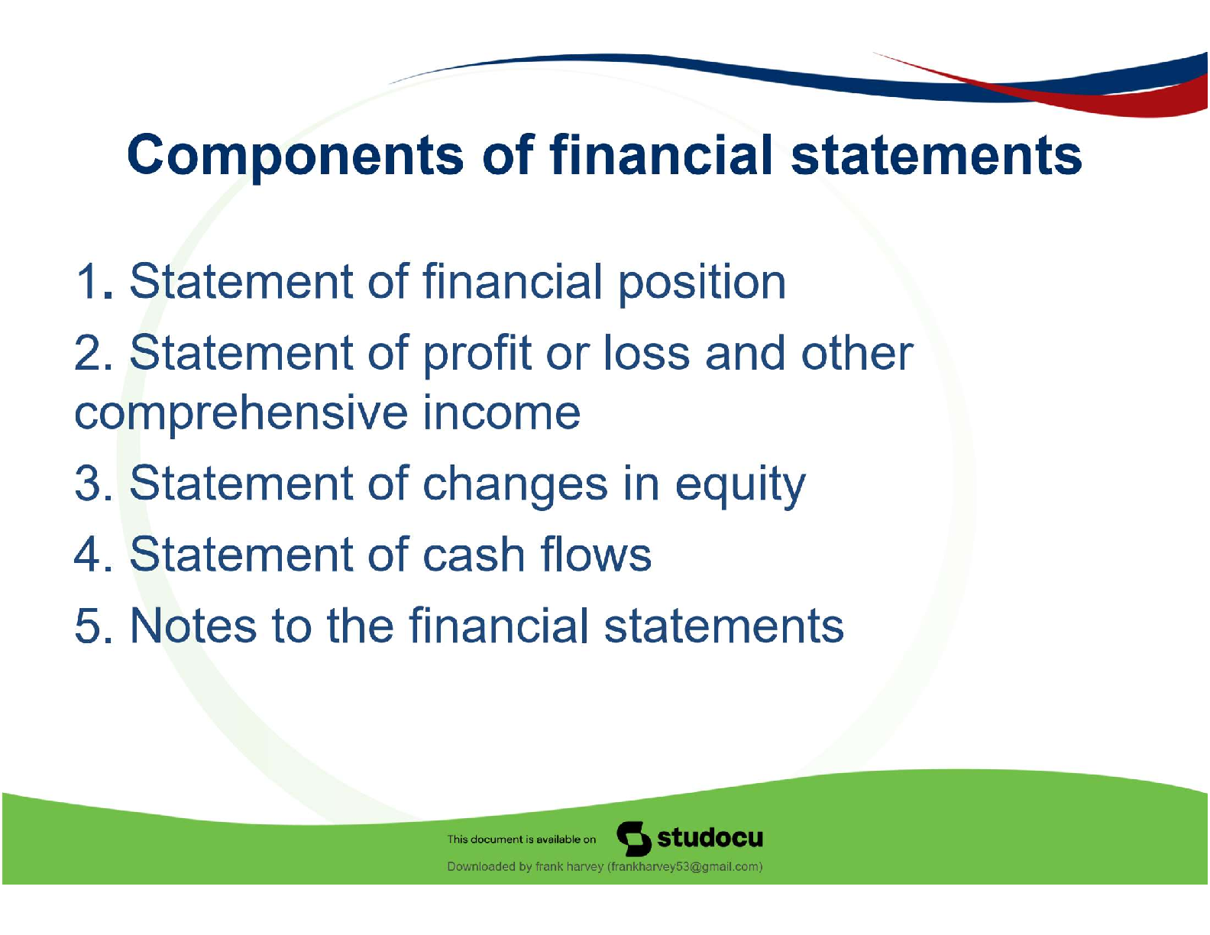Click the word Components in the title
(295, 157)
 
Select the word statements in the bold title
(936, 156)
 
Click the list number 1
(93, 281)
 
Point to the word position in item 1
(701, 284)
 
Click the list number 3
(93, 483)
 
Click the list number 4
(93, 554)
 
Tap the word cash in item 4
(474, 554)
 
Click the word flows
(595, 553)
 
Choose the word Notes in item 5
(192, 626)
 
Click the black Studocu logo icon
(634, 838)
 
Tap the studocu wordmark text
(710, 837)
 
